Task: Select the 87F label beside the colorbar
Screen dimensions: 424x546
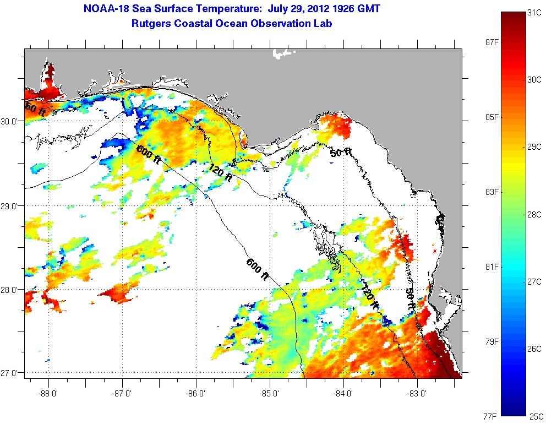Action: click(x=489, y=42)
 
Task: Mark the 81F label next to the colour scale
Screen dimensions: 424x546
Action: click(x=489, y=267)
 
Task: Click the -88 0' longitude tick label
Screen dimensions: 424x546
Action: click(x=48, y=394)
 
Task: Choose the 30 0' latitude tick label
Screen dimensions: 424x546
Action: click(x=12, y=121)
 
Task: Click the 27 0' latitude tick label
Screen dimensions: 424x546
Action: click(x=12, y=373)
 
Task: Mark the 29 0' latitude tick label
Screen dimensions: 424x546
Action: click(x=12, y=205)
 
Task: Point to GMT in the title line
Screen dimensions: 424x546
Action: click(x=369, y=9)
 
